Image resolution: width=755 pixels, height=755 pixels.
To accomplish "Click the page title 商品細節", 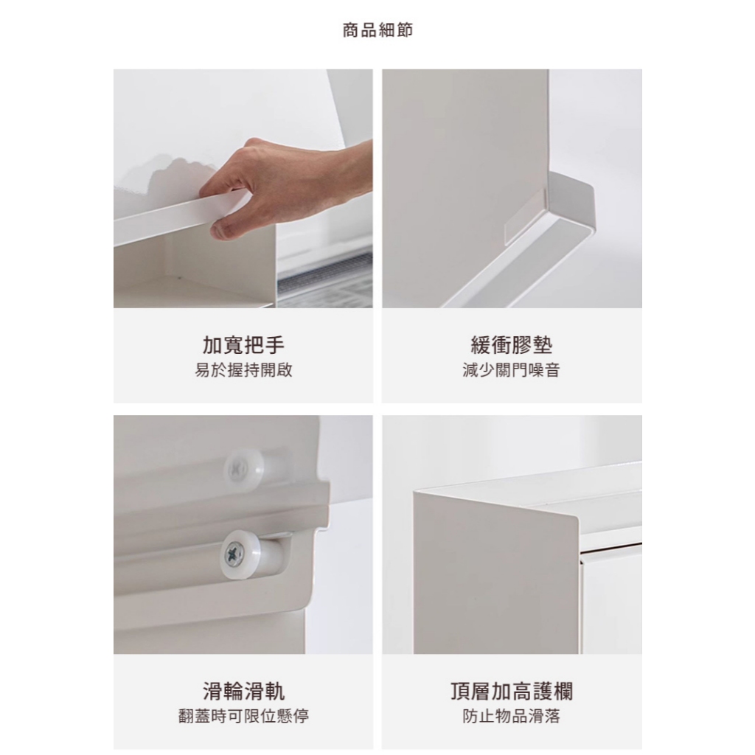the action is point(377,30).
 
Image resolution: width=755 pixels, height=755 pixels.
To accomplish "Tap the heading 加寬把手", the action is point(243,345).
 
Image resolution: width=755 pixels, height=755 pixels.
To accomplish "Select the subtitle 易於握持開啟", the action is point(243,370).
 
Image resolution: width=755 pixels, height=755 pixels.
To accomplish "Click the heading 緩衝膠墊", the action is point(512,345).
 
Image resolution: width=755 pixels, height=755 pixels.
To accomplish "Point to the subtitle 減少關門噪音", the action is point(512,370).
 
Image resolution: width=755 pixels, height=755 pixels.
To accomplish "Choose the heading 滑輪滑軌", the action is point(243,692).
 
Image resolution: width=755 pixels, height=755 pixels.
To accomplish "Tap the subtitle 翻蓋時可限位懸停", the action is point(243,717).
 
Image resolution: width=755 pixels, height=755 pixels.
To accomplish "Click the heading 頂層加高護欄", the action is point(512,692).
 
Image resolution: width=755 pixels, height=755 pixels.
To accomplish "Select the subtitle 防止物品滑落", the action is point(512,717).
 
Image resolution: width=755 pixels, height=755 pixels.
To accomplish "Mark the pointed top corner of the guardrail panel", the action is point(415,492).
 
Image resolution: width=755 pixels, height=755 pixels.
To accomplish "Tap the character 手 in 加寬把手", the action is point(274,345).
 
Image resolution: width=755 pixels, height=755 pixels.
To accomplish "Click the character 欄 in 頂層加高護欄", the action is point(563,692).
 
